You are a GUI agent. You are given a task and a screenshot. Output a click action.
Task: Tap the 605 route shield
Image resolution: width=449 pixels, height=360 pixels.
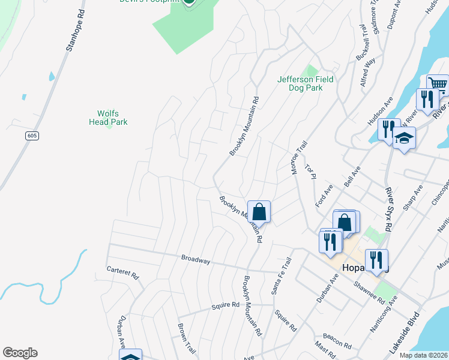[32, 136]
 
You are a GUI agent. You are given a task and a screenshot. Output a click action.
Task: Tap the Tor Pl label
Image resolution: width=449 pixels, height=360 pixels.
[310, 171]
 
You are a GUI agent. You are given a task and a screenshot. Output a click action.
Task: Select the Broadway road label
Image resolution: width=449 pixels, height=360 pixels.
[196, 260]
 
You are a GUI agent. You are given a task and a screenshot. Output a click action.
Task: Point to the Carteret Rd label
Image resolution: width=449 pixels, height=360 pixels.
[122, 274]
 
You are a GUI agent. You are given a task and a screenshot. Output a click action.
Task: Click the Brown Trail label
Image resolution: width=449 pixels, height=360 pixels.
[183, 336]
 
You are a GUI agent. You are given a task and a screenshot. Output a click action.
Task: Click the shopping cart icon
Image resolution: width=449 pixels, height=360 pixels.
[438, 85]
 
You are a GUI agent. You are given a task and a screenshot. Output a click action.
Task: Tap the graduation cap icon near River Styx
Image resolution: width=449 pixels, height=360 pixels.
[405, 139]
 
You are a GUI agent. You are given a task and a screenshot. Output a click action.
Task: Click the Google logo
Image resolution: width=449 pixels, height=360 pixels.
[20, 353]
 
